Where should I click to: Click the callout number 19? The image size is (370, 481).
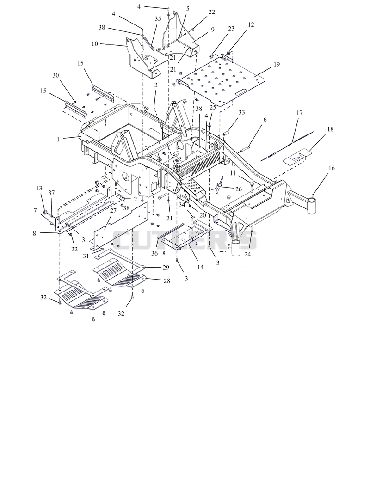277,64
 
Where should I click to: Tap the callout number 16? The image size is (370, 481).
331,168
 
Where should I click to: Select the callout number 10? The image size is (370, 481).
94,44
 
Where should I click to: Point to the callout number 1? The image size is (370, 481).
58,139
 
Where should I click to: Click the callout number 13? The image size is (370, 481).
39,188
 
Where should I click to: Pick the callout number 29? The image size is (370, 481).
166,268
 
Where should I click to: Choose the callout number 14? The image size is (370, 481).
200,267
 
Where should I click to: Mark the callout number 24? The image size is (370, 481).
247,254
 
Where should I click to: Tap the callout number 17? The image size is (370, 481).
299,113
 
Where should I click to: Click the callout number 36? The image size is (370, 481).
154,253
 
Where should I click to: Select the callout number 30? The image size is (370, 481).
55,75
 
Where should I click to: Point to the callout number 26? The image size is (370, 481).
238,189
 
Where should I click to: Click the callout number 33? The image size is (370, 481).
241,112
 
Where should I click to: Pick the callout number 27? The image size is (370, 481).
113,211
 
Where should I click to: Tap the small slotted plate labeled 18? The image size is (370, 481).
296,157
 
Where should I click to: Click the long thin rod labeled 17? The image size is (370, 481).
287,145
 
